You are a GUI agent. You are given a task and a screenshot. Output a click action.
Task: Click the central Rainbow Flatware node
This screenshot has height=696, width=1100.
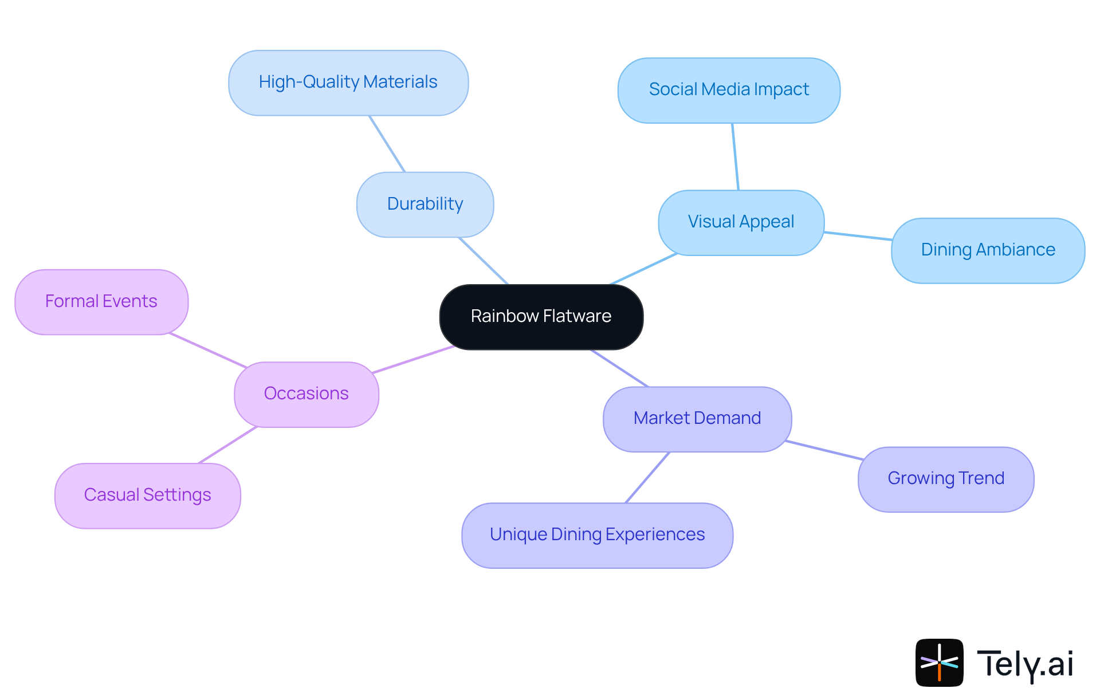541,317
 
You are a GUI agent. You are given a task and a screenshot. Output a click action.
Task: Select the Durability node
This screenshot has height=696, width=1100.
425,205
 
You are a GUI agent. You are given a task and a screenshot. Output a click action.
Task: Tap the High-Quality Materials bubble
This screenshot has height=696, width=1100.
348,82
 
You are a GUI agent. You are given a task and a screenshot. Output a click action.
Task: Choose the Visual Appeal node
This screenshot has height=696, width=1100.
741,222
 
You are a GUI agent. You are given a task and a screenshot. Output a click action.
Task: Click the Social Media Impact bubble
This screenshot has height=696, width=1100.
729,90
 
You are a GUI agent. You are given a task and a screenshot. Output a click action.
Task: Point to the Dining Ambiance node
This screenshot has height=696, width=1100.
988,250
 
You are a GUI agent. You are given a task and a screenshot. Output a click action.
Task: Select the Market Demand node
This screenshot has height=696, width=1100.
697,419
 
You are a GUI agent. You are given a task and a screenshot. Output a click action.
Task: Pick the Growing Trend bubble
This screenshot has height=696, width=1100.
946,479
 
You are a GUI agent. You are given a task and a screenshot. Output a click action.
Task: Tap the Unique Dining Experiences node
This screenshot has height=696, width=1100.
598,535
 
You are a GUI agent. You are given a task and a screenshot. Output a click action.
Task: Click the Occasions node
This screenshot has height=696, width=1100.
307,394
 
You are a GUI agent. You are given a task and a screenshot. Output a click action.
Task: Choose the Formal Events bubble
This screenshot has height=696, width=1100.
101,302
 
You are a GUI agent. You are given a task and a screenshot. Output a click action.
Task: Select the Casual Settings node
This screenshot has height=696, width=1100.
148,496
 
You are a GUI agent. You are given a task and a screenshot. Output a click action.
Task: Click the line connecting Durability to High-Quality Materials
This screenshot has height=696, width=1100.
387,144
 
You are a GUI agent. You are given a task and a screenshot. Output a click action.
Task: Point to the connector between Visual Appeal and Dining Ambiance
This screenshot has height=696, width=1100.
858,235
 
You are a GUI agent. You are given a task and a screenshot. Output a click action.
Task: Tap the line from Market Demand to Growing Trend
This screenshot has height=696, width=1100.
824,450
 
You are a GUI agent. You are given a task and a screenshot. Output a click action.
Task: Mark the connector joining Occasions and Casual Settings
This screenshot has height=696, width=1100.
227,445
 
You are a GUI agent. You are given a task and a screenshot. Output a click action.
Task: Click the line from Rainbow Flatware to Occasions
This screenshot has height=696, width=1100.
413,359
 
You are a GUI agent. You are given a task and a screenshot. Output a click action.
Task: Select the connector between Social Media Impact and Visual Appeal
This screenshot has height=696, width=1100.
735,156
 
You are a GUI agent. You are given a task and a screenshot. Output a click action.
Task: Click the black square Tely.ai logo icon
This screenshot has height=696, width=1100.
939,662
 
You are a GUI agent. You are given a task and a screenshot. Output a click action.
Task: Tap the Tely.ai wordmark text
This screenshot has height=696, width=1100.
1025,664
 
